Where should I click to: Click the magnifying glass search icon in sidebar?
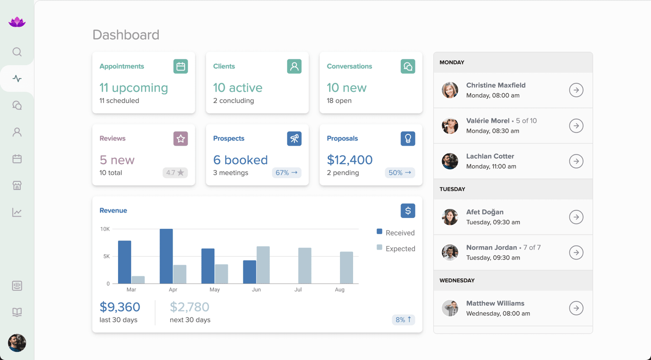click(17, 52)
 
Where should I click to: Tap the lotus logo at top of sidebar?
click(17, 22)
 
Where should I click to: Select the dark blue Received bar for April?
click(166, 256)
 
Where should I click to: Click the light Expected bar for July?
click(305, 265)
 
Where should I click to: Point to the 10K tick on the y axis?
click(105, 229)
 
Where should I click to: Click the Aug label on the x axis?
click(340, 289)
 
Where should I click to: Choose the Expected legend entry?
click(396, 248)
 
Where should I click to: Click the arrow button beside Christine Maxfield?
click(576, 90)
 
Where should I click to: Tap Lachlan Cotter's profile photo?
click(450, 161)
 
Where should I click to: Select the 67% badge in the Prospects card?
click(287, 173)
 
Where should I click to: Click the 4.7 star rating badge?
click(175, 173)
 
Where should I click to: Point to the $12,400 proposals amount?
click(349, 160)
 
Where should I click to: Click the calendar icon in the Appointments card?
click(181, 66)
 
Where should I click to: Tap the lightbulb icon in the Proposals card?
click(408, 138)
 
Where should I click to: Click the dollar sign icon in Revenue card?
click(408, 211)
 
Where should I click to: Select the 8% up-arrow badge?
click(403, 320)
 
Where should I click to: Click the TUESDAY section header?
click(453, 189)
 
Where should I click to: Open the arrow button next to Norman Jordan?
click(576, 252)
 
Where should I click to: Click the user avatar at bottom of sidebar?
click(17, 343)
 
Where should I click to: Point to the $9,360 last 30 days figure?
click(120, 307)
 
